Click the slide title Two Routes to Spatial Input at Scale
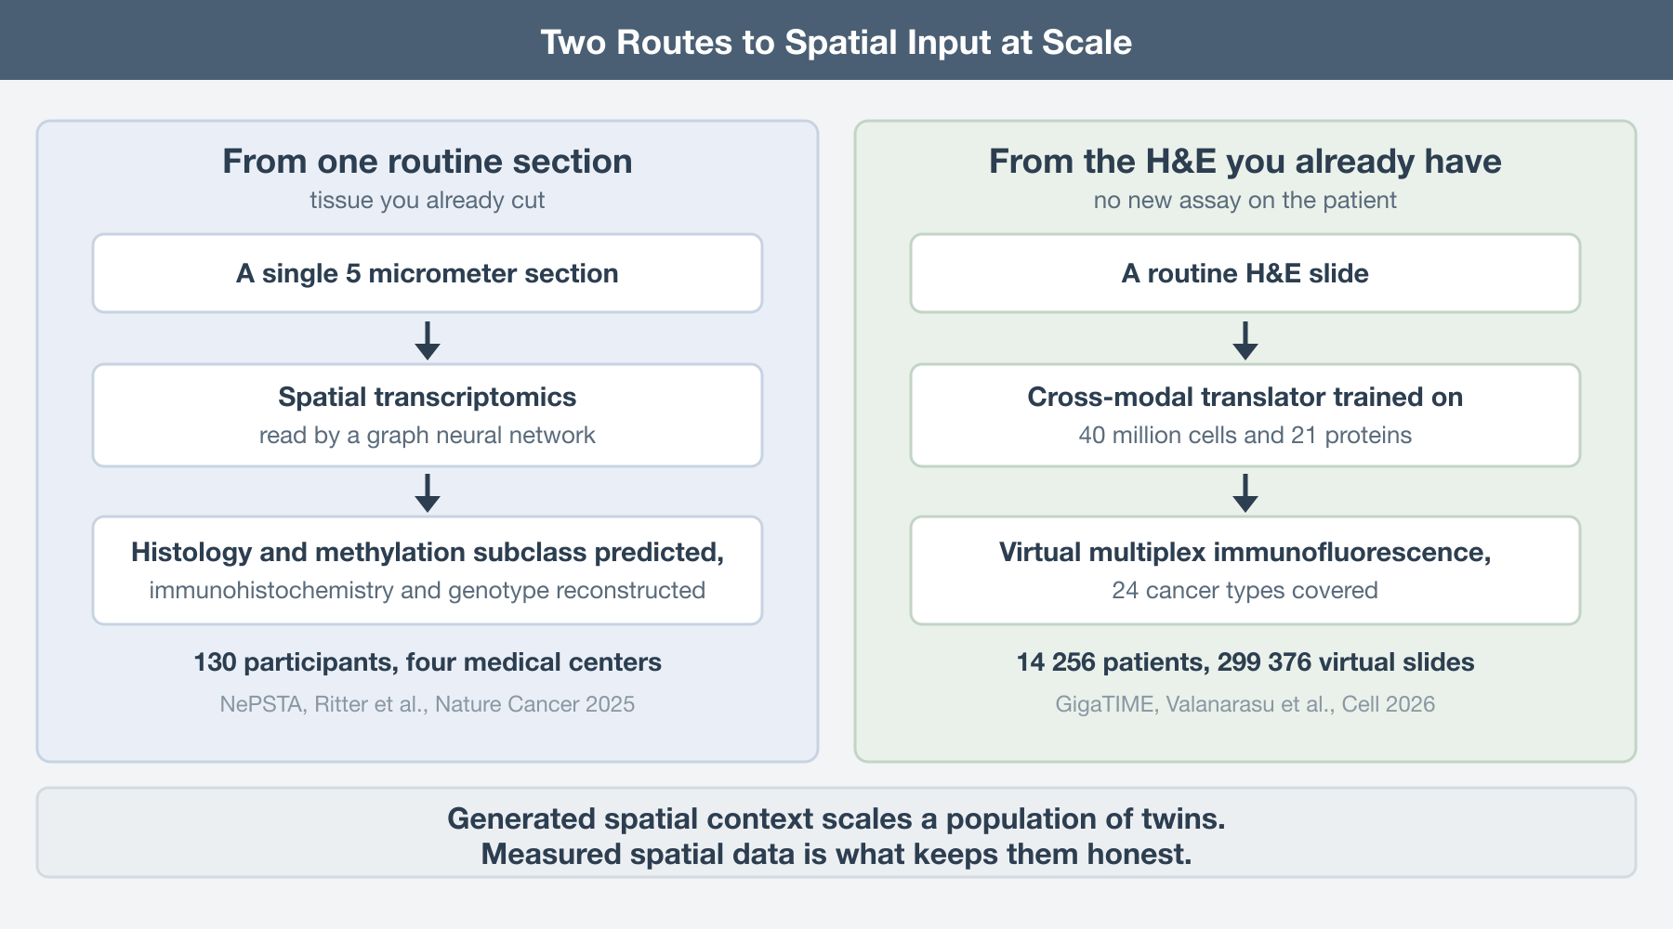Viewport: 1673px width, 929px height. (836, 42)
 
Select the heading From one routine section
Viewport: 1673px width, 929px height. (428, 162)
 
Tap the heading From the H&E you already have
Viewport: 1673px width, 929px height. (1245, 162)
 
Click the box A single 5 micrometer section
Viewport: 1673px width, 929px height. (428, 273)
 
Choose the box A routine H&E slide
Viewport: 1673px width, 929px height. (1245, 273)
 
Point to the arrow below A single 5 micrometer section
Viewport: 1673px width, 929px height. (428, 341)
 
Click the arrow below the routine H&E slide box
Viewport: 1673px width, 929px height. (1245, 341)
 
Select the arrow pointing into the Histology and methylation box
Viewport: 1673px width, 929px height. (428, 493)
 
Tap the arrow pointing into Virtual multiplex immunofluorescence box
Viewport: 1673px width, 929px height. (1245, 493)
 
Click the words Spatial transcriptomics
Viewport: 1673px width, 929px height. (428, 397)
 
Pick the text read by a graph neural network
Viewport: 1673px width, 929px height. (428, 436)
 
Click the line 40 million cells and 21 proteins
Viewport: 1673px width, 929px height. (1245, 436)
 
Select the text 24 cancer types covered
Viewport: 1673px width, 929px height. (1245, 591)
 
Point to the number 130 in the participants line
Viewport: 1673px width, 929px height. (215, 662)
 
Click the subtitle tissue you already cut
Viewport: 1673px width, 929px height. (428, 201)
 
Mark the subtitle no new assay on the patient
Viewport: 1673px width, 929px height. (1245, 201)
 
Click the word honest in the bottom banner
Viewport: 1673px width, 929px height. (1139, 854)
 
